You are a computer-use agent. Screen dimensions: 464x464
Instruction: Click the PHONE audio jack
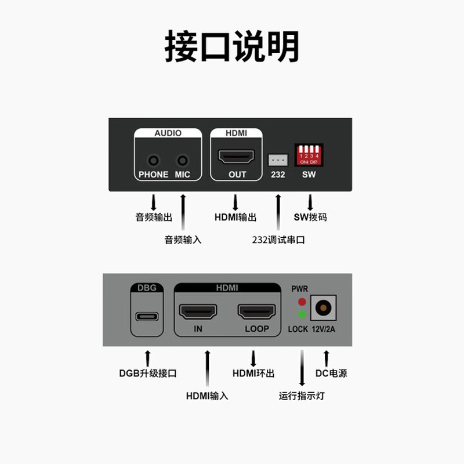pyautogui.click(x=154, y=159)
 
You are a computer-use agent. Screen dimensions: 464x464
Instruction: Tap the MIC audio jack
pyautogui.click(x=183, y=159)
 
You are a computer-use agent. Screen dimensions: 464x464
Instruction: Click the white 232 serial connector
pyautogui.click(x=278, y=158)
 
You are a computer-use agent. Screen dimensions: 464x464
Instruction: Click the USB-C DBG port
pyautogui.click(x=147, y=317)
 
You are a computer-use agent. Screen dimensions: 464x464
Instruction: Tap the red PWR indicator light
pyautogui.click(x=302, y=302)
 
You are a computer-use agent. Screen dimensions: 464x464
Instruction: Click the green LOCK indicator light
pyautogui.click(x=302, y=315)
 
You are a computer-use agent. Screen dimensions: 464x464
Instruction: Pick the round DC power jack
pyautogui.click(x=323, y=308)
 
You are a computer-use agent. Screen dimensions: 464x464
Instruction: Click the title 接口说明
pyautogui.click(x=232, y=46)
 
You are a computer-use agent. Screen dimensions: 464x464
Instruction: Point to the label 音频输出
pyautogui.click(x=154, y=218)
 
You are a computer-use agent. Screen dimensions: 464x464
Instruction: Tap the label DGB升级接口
pyautogui.click(x=148, y=374)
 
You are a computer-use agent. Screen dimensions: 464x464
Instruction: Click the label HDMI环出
pyautogui.click(x=253, y=374)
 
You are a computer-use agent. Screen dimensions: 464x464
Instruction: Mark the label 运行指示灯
pyautogui.click(x=302, y=396)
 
